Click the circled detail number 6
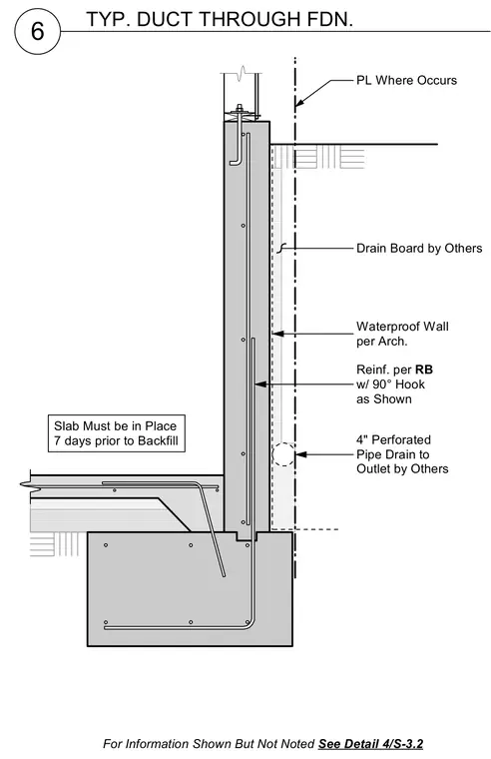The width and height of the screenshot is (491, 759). (x=38, y=32)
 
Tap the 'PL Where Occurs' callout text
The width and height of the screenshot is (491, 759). (x=406, y=80)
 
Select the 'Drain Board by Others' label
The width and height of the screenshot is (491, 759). (x=419, y=249)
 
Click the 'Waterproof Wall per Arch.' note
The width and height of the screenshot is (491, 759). (x=402, y=334)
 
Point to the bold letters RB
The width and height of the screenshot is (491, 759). (x=424, y=370)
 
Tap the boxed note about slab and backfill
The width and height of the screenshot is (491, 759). (x=116, y=433)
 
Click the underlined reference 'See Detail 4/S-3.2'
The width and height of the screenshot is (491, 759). (x=370, y=743)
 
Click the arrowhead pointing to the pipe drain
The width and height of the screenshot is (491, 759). (x=301, y=454)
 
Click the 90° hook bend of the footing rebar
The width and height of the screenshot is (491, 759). (x=249, y=625)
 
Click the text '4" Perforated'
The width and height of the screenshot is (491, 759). (x=393, y=440)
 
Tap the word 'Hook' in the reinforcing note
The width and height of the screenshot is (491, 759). (x=411, y=384)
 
